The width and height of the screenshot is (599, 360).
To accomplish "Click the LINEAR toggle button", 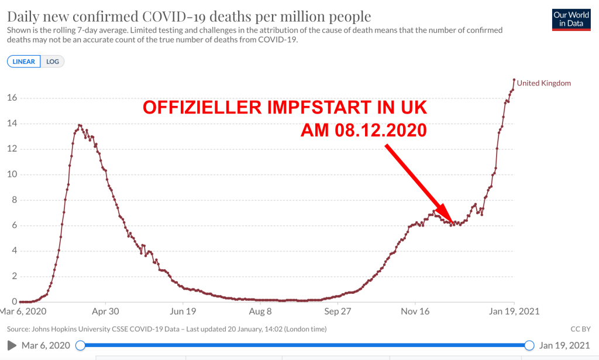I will (24, 61).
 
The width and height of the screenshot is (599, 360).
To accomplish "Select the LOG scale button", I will (53, 61).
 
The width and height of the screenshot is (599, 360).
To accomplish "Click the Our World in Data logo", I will (572, 19).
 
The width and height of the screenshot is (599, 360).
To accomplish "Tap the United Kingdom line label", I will (543, 83).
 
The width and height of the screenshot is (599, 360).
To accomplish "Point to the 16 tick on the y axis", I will (12, 98).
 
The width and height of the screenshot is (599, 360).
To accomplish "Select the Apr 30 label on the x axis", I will (105, 311).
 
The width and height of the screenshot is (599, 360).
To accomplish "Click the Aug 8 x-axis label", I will (260, 311).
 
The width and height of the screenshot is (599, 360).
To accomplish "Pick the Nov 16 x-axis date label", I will (416, 311).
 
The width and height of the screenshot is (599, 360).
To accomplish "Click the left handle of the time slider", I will (81, 345).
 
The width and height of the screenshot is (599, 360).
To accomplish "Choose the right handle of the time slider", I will (529, 345).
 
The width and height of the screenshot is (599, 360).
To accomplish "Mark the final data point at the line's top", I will (514, 80).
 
